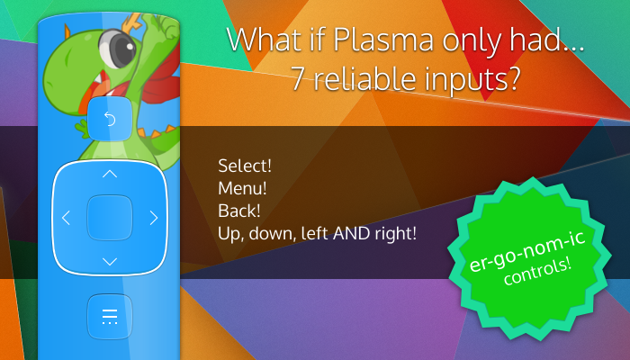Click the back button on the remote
click(x=110, y=119)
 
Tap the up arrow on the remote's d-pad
click(x=110, y=174)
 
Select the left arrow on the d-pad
click(x=66, y=218)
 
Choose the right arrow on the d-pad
click(x=154, y=218)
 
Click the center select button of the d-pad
click(x=110, y=218)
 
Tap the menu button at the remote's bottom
click(x=110, y=317)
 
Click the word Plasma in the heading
click(x=383, y=40)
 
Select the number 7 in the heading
click(x=298, y=77)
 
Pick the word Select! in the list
click(x=245, y=166)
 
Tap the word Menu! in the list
click(x=242, y=188)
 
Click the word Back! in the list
click(x=239, y=211)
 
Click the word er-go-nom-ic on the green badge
click(x=526, y=251)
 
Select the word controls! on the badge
click(x=536, y=272)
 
